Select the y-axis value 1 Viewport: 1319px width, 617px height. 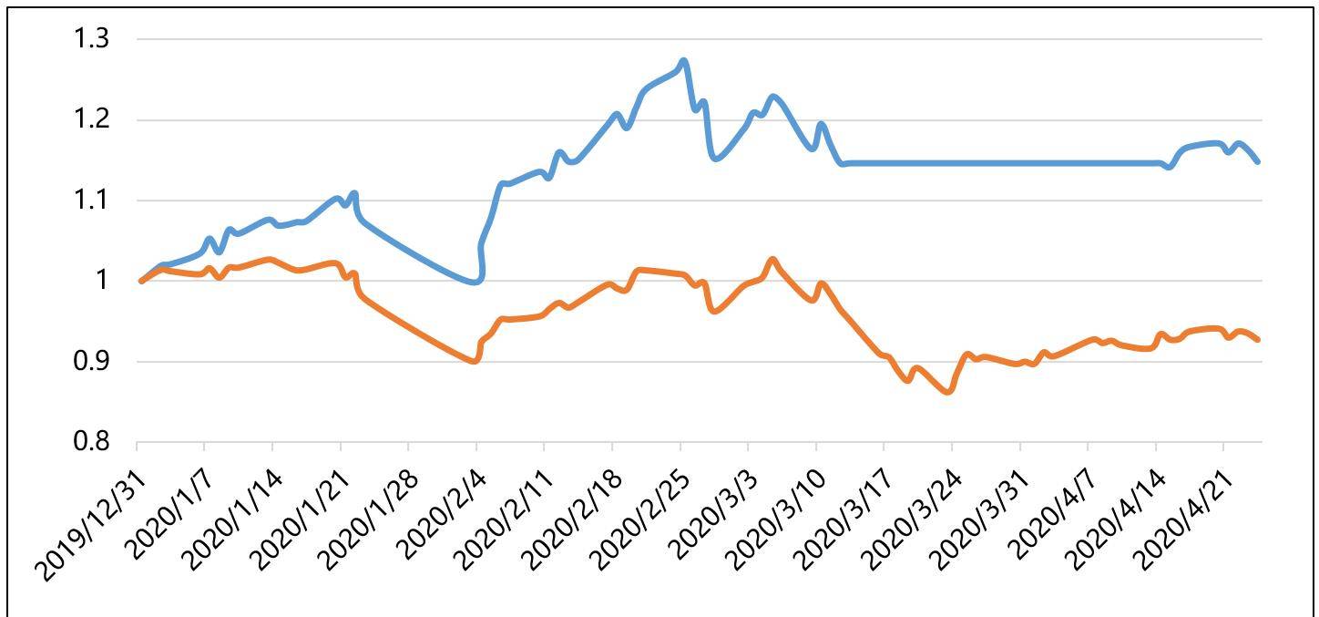click(x=100, y=281)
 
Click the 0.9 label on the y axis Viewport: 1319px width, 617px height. click(x=92, y=361)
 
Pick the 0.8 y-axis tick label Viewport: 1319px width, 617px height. click(x=92, y=442)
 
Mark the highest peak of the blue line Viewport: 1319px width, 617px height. click(x=683, y=61)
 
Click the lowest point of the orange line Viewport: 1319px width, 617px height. click(x=948, y=392)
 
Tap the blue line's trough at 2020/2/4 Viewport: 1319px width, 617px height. click(x=475, y=282)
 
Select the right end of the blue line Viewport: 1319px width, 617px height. click(x=1258, y=161)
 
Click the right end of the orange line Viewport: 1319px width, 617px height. click(x=1258, y=339)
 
